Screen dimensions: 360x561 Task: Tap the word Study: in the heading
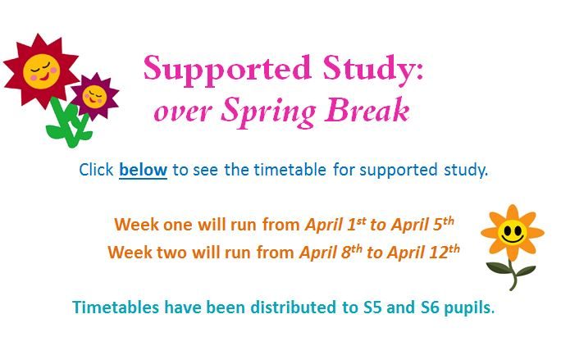[x=376, y=70]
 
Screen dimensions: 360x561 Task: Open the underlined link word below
[x=143, y=171]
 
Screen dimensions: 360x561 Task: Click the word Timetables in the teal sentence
[x=114, y=308]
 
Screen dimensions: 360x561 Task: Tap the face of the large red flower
[x=41, y=71]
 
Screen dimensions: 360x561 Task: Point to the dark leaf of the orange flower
[x=499, y=269]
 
